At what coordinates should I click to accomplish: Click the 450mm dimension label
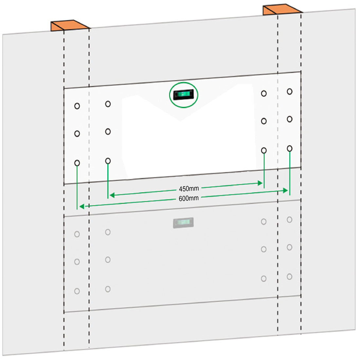tap(189, 189)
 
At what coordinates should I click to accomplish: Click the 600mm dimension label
tap(189, 198)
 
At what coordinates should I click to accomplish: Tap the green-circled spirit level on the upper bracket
tap(184, 95)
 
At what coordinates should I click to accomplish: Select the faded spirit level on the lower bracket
tap(183, 223)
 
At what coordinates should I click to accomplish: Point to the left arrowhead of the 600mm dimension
tap(82, 206)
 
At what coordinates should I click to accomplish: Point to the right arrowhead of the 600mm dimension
tap(286, 190)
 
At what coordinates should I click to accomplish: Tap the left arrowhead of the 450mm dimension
tap(112, 195)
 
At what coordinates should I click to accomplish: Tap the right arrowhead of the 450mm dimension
tap(261, 183)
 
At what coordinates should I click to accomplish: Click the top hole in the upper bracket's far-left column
tap(77, 106)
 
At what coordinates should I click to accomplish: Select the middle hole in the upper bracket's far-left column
tap(77, 134)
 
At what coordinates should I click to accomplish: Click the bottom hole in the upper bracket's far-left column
tap(77, 163)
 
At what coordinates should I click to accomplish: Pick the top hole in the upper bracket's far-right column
tap(290, 91)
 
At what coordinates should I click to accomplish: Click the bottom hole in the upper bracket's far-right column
tap(290, 149)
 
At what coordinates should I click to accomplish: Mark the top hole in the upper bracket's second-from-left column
tap(108, 104)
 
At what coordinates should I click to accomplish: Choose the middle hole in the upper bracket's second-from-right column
tap(264, 121)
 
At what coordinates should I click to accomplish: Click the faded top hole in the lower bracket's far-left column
tap(77, 234)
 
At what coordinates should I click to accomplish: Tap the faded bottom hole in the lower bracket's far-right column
tap(290, 277)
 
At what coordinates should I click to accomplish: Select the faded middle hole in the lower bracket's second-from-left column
tap(108, 260)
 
